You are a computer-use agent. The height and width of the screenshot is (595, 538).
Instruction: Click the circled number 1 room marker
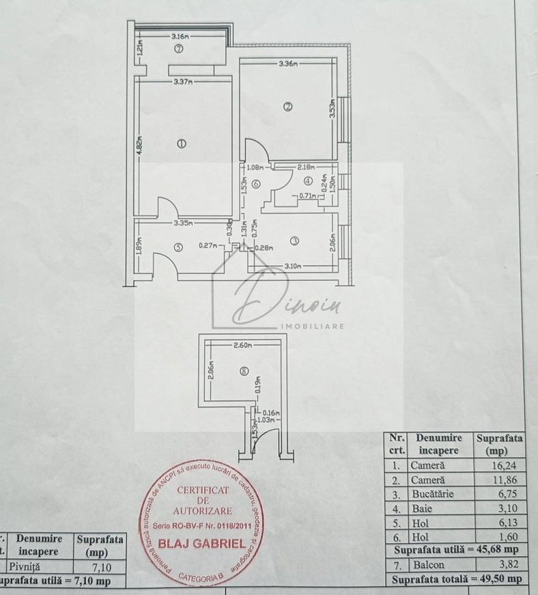pyautogui.click(x=182, y=143)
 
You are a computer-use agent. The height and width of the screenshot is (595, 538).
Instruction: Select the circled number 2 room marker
pyautogui.click(x=288, y=107)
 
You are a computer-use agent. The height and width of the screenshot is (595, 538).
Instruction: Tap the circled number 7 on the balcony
pyautogui.click(x=178, y=49)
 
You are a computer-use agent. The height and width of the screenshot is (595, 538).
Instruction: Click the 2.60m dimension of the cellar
pyautogui.click(x=242, y=345)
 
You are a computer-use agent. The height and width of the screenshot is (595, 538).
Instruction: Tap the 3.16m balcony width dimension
pyautogui.click(x=180, y=36)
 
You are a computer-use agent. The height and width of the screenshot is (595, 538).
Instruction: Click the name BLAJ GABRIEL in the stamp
pyautogui.click(x=201, y=544)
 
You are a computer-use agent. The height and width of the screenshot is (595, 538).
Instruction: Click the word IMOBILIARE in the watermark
pyautogui.click(x=313, y=326)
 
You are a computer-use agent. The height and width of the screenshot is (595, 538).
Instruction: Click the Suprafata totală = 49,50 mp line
pyautogui.click(x=457, y=579)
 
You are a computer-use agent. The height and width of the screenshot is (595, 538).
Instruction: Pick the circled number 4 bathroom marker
pyautogui.click(x=308, y=181)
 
